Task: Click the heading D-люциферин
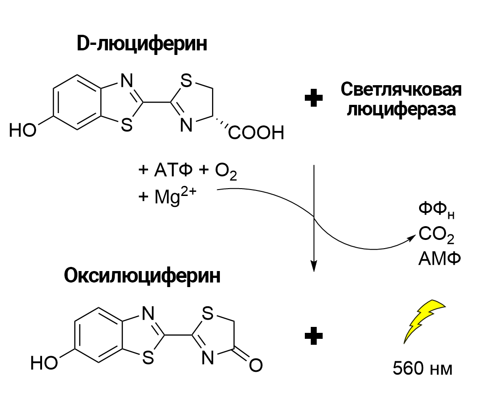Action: [x=141, y=45]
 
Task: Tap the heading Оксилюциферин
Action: [x=142, y=276]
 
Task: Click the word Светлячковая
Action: [x=401, y=89]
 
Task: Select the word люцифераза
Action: [x=401, y=110]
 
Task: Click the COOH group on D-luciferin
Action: [x=256, y=133]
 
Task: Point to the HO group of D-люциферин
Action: [x=22, y=131]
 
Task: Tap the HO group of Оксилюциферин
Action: [x=44, y=364]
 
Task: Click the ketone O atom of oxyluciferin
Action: [x=256, y=365]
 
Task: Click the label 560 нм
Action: [x=423, y=369]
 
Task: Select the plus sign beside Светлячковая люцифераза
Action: [x=314, y=99]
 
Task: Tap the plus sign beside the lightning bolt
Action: [x=314, y=337]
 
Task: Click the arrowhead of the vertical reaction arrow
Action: [x=314, y=266]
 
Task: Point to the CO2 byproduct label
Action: [x=436, y=236]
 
